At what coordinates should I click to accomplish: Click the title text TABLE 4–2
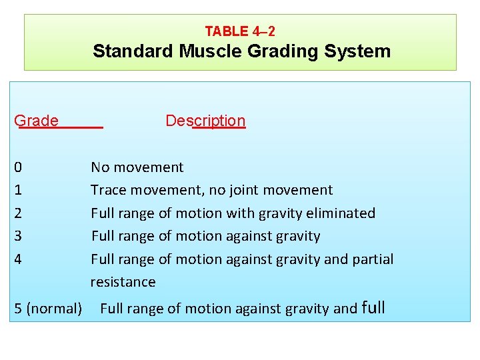240,31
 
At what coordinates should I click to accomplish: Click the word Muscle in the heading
210,51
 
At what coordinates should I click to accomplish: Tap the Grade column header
37,121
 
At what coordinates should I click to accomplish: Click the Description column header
205,121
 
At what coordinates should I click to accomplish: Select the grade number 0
18,167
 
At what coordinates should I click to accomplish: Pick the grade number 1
18,190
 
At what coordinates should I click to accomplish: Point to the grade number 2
18,213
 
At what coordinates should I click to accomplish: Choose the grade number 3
18,236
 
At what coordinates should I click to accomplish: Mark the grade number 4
18,259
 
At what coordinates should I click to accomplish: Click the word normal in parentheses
54,309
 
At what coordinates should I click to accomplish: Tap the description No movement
137,167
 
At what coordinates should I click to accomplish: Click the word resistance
123,282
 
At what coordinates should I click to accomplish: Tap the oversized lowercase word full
373,307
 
